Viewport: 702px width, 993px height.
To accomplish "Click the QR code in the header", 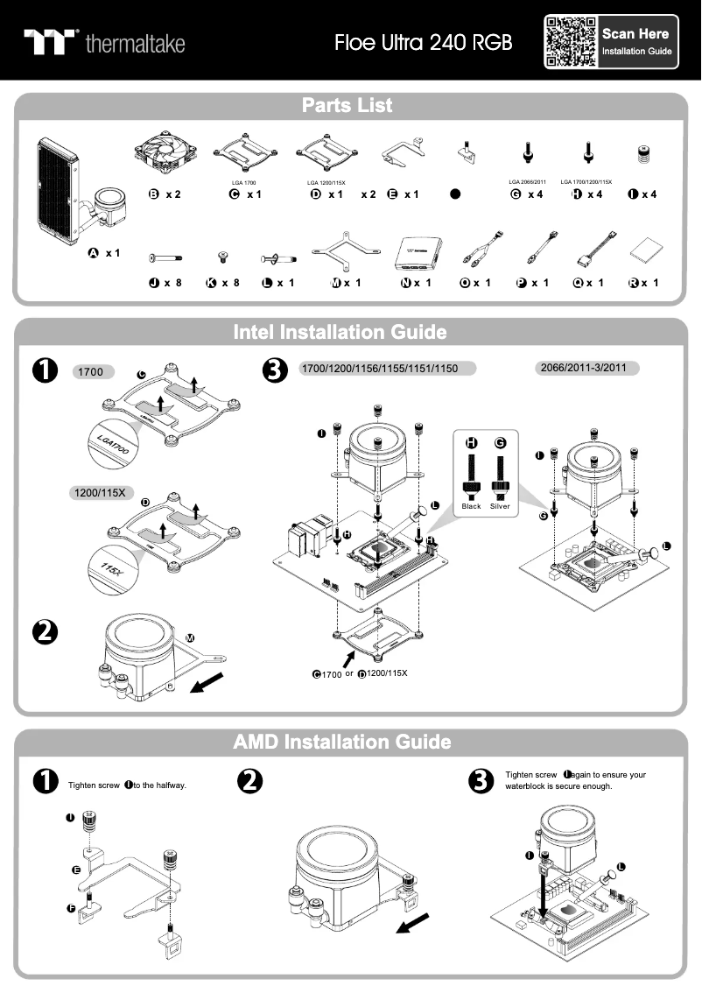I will click(570, 41).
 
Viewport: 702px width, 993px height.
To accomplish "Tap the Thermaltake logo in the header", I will click(104, 42).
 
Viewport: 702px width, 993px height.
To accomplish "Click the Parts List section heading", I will click(347, 106).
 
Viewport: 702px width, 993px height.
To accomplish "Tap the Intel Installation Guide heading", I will click(340, 333).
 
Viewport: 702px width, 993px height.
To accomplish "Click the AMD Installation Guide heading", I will click(342, 742).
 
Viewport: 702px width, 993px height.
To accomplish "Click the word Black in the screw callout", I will click(471, 506).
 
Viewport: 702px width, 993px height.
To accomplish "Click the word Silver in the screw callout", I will click(501, 506).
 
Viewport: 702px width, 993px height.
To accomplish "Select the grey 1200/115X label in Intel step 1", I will click(101, 493).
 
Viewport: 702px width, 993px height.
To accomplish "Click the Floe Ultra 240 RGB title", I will click(423, 42).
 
